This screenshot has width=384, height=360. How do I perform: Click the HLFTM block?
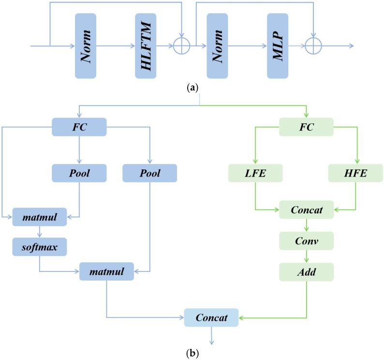pos(148,46)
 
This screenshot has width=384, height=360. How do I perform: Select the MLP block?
pos(278,46)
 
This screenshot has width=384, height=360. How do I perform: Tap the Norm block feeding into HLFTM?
pos(86,46)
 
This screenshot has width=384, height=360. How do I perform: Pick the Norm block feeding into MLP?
pos(217,46)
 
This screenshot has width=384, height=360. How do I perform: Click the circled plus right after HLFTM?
pos(182,46)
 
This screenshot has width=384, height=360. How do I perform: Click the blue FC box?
pos(79,127)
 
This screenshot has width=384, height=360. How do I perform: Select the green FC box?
pos(307,127)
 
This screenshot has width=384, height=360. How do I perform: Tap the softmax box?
pos(39,247)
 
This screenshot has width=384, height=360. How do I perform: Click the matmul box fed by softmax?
pos(106,271)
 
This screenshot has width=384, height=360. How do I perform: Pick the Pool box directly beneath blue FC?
pos(79,173)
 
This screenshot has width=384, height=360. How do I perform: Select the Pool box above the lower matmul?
pos(149,173)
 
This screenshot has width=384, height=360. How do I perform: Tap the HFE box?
pos(355,173)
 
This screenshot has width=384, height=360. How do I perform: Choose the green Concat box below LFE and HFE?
pos(307,210)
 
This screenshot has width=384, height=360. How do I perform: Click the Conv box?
pos(307,241)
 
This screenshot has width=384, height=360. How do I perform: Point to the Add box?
pos(307,272)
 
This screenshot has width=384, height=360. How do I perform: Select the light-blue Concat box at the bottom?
pos(212,317)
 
